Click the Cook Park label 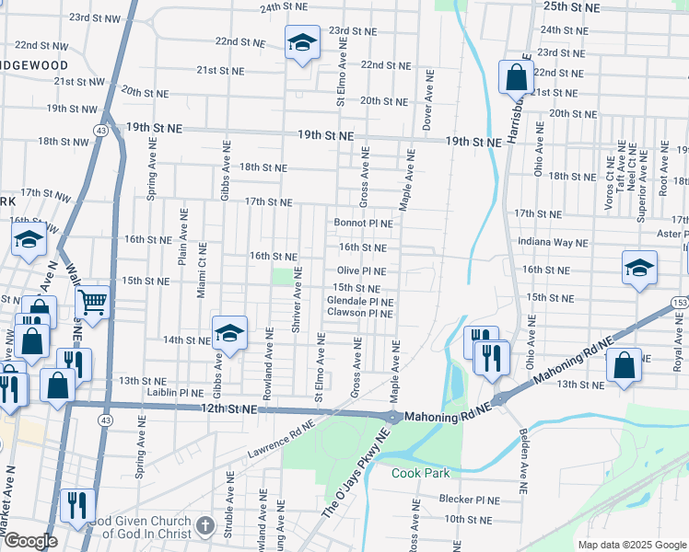(420, 473)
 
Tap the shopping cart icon (93, 301)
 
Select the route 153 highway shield (678, 303)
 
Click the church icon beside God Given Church (204, 526)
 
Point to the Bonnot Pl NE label (363, 223)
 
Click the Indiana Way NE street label (552, 243)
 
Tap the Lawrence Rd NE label (280, 440)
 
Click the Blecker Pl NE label (469, 500)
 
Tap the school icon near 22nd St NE (301, 43)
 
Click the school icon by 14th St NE (229, 334)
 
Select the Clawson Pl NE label (360, 314)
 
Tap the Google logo (29, 541)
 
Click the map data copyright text (631, 545)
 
